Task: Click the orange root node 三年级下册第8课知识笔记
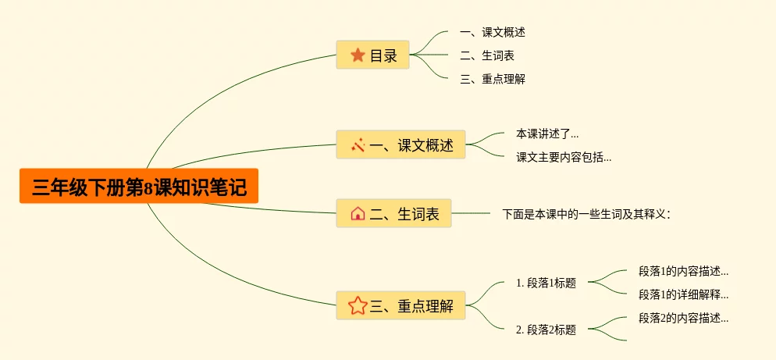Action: (139, 187)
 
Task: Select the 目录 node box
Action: (373, 55)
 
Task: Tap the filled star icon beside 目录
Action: (358, 55)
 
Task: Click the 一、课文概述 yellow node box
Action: (400, 144)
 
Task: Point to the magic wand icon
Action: (358, 144)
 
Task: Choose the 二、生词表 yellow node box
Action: (393, 213)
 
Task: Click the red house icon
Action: (358, 213)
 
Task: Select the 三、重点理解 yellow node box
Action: (400, 305)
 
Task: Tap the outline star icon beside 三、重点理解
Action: (358, 305)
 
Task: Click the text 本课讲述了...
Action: (547, 134)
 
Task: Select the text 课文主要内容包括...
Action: (564, 157)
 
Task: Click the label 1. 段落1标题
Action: (546, 283)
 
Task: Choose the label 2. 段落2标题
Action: (546, 330)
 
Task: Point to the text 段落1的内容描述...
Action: (683, 272)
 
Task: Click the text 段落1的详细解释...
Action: (683, 294)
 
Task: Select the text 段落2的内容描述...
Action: (683, 318)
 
